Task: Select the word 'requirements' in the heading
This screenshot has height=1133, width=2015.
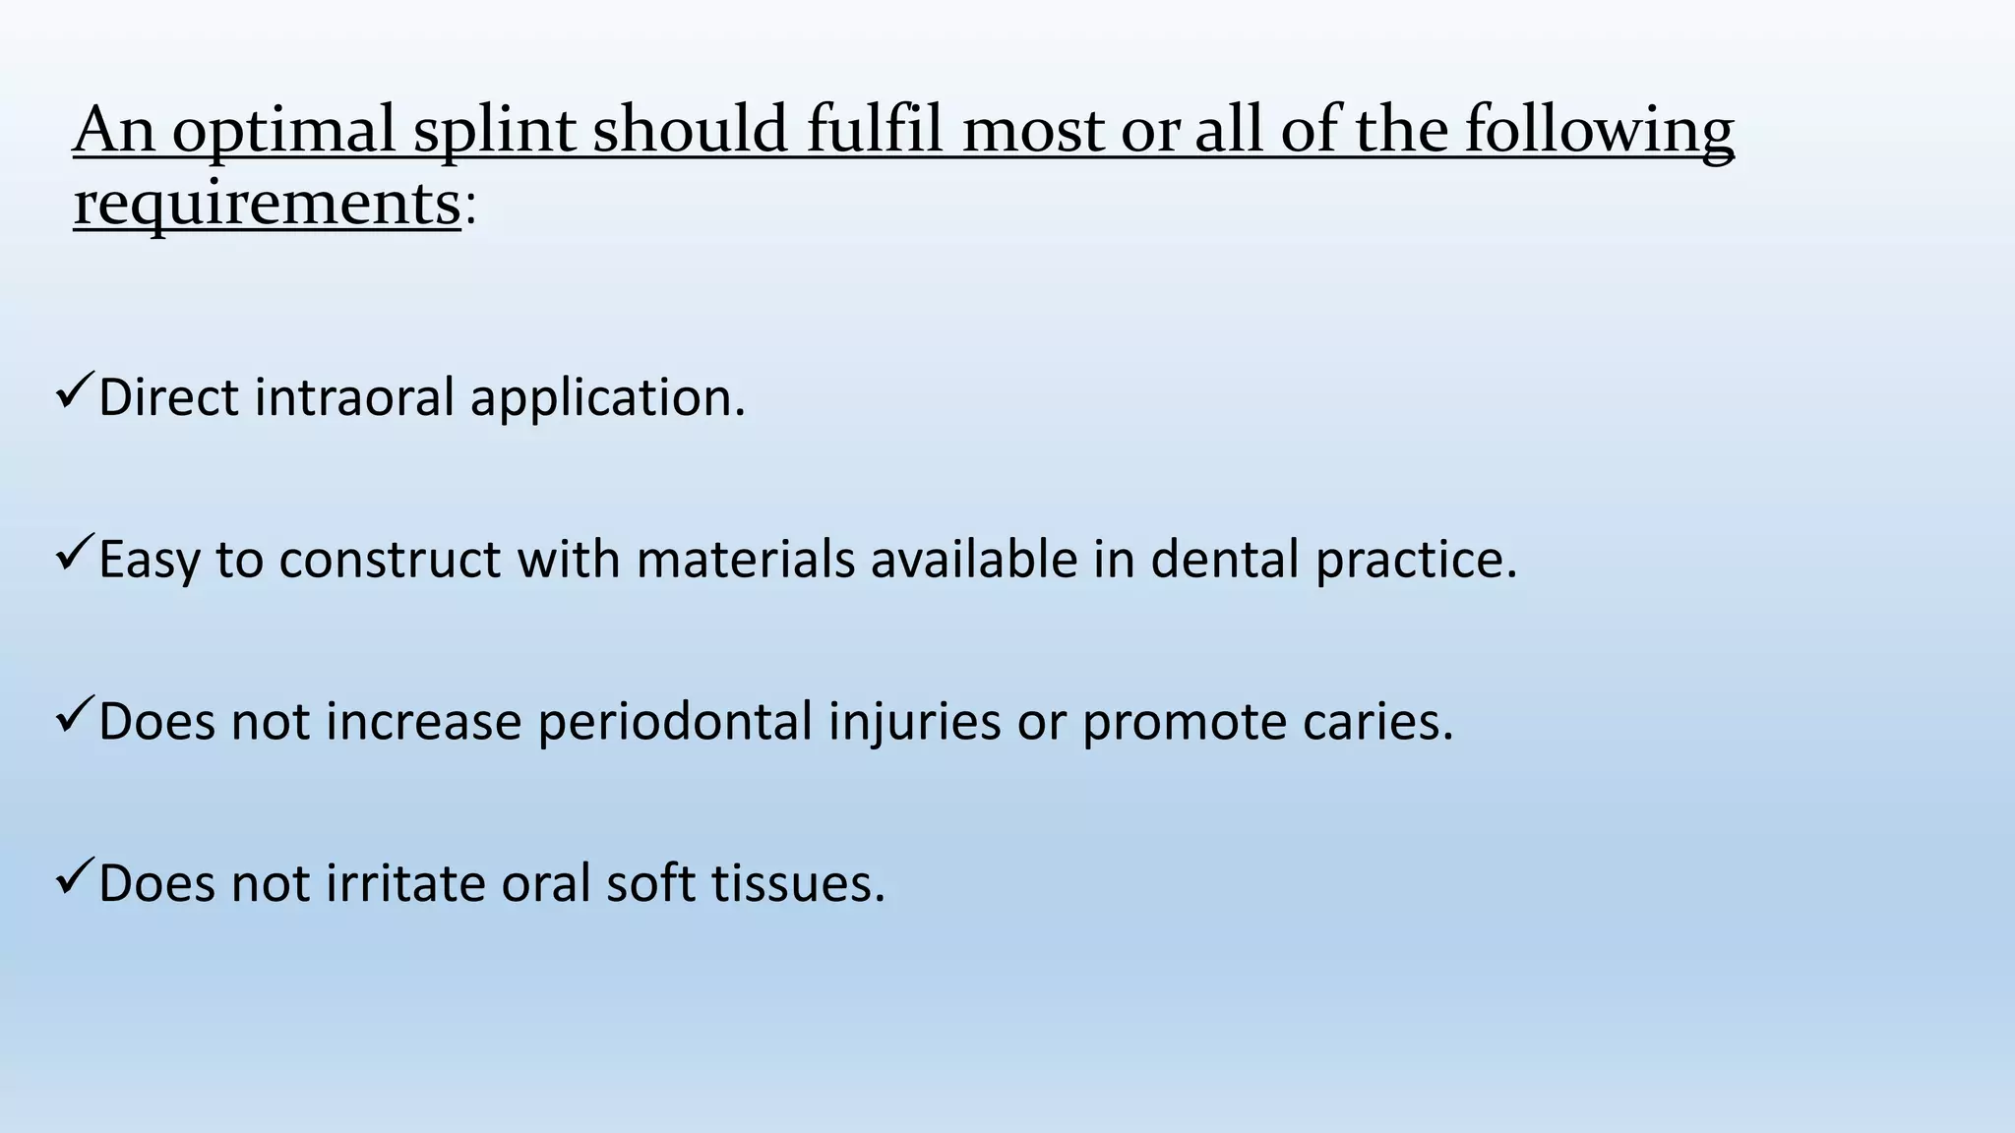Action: coord(267,205)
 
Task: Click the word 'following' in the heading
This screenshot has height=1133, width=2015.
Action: coord(1599,131)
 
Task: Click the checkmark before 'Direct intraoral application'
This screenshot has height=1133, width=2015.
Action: coord(75,391)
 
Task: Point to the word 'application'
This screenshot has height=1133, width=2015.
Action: coord(607,399)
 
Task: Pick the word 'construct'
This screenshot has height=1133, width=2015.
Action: coord(391,559)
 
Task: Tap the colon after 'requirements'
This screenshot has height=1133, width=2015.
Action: coord(470,209)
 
